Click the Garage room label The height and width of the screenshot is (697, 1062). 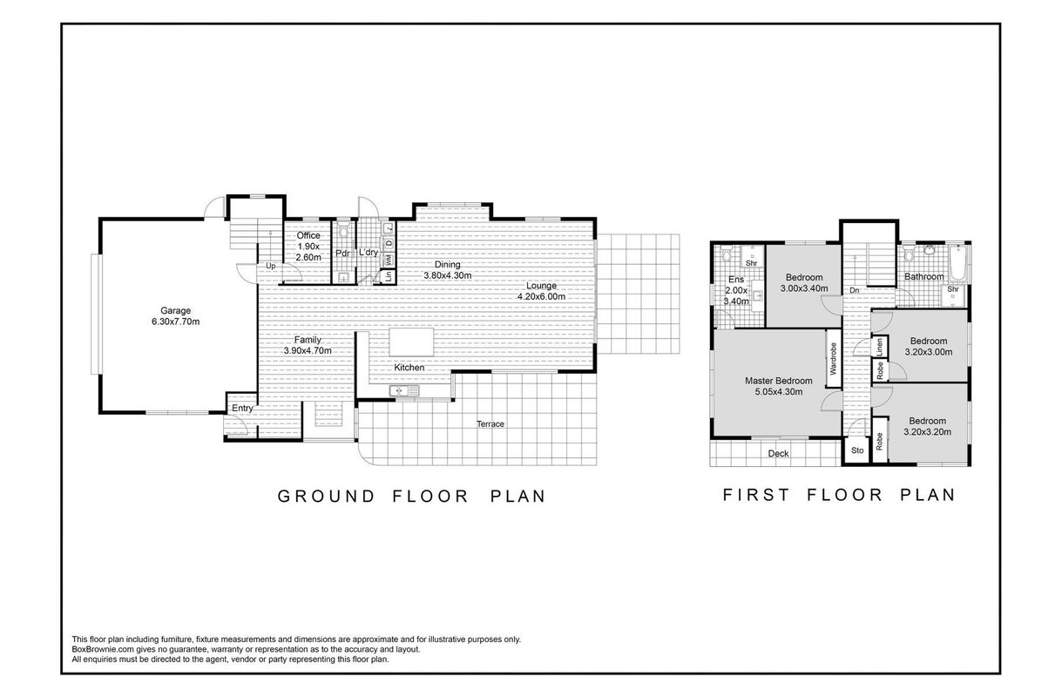(x=175, y=310)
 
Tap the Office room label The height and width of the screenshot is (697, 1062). (x=308, y=235)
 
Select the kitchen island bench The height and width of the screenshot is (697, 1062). (x=411, y=342)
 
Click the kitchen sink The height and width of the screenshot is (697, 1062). (x=404, y=391)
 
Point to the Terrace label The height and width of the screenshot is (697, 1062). (x=490, y=424)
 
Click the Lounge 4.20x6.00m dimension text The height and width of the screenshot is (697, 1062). (x=541, y=297)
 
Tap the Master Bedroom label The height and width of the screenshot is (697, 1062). (x=779, y=381)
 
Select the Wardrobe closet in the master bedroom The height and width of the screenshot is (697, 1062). (x=834, y=358)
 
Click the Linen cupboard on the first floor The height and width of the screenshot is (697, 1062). (x=879, y=347)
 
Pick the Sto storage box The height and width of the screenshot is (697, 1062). (x=857, y=450)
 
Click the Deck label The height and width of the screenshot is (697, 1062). (x=779, y=454)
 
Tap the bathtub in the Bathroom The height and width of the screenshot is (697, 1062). (x=958, y=263)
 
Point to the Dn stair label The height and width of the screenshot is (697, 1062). (x=855, y=290)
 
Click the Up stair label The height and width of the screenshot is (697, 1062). (x=271, y=266)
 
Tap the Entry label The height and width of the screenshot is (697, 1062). (x=242, y=409)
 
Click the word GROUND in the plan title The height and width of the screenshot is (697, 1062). (x=327, y=497)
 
